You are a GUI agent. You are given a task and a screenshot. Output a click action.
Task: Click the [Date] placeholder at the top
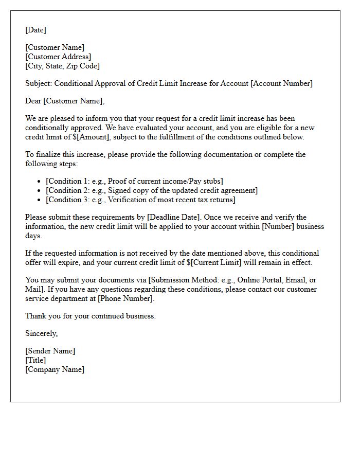[35, 30]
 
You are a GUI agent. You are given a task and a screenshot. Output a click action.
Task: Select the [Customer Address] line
[58, 57]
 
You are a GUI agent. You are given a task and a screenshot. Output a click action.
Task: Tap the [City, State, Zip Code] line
[62, 66]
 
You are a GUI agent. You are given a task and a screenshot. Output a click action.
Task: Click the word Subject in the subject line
[39, 83]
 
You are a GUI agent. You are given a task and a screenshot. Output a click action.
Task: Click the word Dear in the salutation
[33, 101]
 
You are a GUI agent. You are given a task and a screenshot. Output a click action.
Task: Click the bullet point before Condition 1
[40, 182]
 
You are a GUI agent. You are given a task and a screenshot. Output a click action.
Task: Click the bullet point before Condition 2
[40, 191]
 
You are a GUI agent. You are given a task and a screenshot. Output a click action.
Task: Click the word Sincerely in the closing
[41, 333]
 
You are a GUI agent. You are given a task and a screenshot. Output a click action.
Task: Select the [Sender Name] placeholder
[50, 351]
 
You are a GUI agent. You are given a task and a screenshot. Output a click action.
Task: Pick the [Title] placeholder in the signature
[35, 360]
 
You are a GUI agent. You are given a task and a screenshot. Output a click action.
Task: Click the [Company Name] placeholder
[55, 369]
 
